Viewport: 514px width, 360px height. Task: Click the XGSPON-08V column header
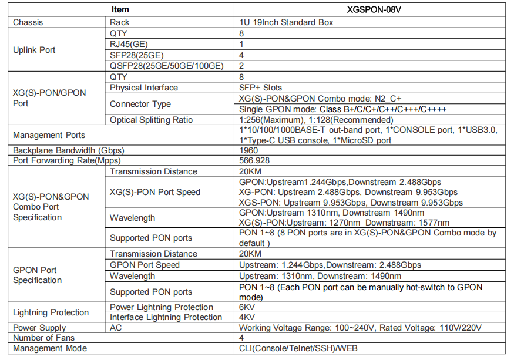coord(369,9)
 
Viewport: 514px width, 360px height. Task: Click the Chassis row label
coord(28,22)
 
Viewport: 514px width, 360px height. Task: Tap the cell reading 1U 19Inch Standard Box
coord(287,22)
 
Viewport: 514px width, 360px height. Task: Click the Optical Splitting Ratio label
coord(151,120)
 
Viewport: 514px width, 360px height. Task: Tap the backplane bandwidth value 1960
coord(249,150)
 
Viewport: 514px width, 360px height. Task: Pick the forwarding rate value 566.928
coord(255,160)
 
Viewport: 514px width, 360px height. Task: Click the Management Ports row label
coord(49,135)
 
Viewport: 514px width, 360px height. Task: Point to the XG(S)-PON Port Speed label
coord(155,192)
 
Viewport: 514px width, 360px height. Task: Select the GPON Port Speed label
coord(145,265)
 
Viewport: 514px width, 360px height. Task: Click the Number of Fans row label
coord(43,338)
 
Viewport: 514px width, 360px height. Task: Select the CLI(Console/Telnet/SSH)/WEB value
coord(298,348)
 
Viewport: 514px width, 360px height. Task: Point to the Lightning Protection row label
coord(51,312)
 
